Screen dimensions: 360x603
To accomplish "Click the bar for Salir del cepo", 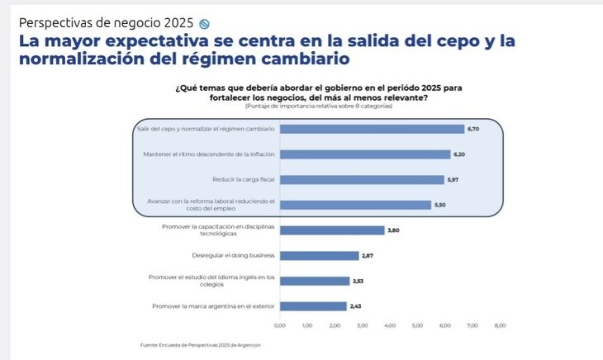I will tap(372, 129).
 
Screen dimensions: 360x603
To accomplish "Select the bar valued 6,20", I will tap(365, 154).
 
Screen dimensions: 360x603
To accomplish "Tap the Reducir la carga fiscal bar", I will tap(362, 179).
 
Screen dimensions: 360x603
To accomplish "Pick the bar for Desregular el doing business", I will tap(319, 256).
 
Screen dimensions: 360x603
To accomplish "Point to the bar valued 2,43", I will tap(313, 306).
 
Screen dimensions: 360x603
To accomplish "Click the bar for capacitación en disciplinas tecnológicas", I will tap(332, 230).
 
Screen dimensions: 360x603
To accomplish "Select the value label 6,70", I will tap(473, 129).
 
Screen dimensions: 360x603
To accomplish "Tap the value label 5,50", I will tap(440, 205).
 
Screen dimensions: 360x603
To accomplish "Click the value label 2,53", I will tap(358, 282).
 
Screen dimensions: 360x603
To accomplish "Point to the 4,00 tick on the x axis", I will tap(390, 326).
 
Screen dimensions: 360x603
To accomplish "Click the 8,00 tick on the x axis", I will tap(500, 326).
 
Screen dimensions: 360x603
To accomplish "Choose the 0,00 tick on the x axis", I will tap(279, 326).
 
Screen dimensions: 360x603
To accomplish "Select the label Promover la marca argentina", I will tap(214, 306).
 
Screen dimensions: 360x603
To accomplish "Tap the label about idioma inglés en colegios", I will tap(211, 281).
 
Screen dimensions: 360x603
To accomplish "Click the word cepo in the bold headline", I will tap(449, 41).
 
